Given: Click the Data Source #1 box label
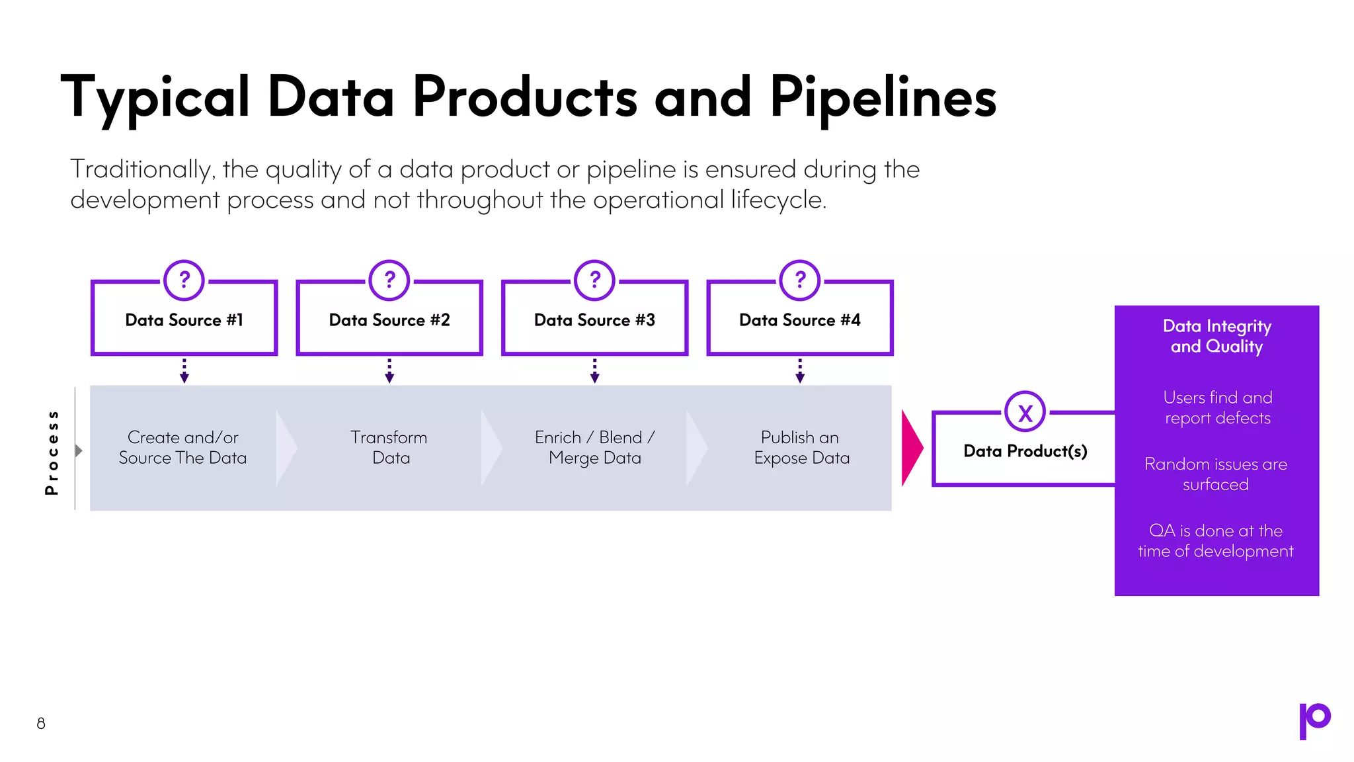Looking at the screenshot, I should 184,320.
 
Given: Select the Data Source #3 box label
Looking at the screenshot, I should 594,320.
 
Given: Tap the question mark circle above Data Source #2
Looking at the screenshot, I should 389,280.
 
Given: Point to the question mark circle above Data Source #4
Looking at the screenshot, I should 800,280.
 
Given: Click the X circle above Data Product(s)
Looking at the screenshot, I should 1025,413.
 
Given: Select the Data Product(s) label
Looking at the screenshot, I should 1025,451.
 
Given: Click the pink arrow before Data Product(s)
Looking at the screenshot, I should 911,448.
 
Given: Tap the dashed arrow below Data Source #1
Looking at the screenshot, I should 184,370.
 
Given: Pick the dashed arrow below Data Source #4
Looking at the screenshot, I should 800,370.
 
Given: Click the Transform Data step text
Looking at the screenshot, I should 389,448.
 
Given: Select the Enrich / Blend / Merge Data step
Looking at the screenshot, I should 594,448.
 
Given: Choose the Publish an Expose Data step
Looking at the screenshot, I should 801,448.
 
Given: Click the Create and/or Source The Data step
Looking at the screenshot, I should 182,448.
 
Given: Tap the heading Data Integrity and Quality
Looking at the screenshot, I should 1216,336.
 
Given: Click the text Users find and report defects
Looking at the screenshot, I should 1217,407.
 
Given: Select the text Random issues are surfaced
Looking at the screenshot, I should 1216,474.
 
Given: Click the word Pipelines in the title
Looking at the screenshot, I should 883,98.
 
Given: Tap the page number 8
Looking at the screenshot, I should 41,723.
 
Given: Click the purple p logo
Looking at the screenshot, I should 1314,720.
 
